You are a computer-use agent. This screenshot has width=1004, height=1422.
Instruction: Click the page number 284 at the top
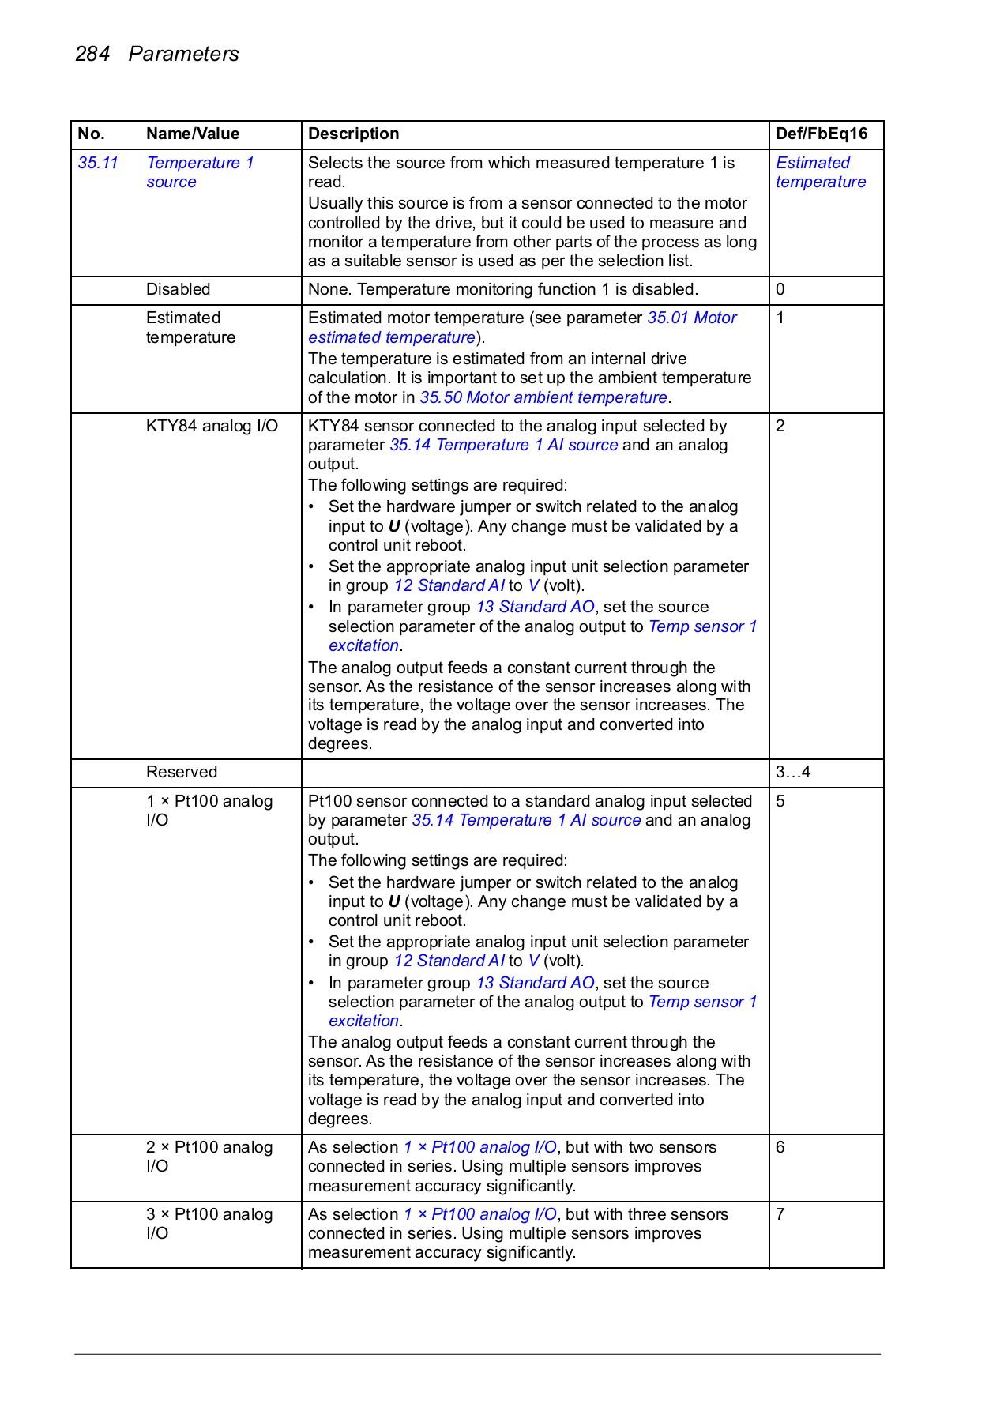[92, 54]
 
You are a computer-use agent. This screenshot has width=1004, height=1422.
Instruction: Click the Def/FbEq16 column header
[821, 134]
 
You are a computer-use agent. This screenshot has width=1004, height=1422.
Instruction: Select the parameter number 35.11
[98, 163]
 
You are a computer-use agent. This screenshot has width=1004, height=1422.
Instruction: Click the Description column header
[353, 134]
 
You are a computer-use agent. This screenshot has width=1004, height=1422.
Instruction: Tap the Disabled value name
[178, 289]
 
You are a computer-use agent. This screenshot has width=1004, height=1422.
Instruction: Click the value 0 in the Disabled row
[780, 289]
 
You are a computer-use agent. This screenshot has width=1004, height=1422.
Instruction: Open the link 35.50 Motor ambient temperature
[543, 397]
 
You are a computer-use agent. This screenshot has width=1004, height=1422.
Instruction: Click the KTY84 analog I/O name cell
[212, 426]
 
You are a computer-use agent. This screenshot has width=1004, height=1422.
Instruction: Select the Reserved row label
[181, 772]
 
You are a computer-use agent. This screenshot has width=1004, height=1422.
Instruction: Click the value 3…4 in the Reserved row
[792, 772]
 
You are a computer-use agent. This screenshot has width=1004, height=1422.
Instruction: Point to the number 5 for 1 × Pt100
[780, 801]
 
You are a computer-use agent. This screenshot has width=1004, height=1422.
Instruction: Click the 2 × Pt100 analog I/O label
[209, 1157]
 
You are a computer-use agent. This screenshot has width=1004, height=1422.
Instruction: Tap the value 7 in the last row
[780, 1214]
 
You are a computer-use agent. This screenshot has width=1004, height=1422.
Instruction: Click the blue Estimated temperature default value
[820, 172]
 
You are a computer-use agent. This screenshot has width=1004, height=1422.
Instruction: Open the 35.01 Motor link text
[692, 318]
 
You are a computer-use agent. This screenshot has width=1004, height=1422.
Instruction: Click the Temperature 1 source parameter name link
[199, 172]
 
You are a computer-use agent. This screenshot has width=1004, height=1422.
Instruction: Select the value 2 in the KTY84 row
[780, 426]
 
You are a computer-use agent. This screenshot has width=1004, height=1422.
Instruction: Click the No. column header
[91, 134]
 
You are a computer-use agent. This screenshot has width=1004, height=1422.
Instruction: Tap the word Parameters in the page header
[183, 54]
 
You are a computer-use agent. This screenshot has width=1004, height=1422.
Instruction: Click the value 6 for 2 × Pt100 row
[780, 1147]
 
